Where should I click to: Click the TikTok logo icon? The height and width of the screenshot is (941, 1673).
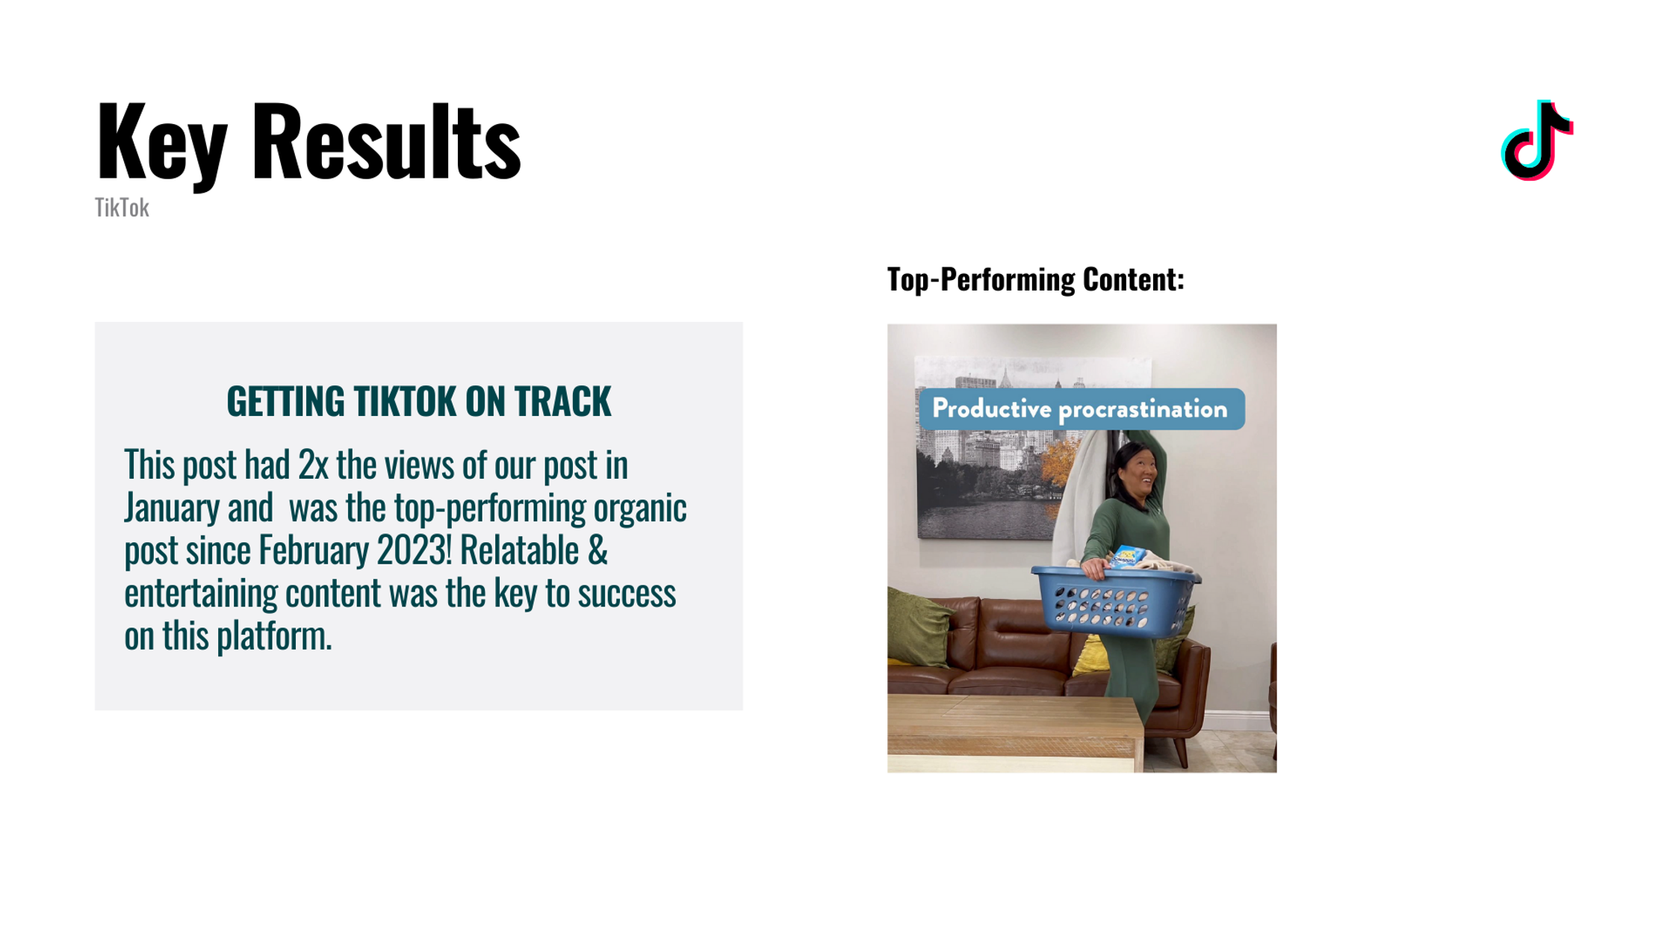coord(1537,140)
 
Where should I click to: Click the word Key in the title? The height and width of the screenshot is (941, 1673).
coord(161,143)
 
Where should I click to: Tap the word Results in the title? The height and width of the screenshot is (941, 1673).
coord(387,141)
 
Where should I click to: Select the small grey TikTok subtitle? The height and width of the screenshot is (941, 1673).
coord(122,208)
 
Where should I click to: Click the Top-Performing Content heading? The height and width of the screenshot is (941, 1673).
coord(1035,279)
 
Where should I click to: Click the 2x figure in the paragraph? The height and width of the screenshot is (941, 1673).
coord(313,465)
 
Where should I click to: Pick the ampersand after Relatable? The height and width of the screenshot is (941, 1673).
coord(597,550)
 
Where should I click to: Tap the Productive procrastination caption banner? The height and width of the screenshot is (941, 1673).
coord(1081,409)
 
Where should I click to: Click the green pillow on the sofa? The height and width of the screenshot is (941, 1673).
coord(917,626)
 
